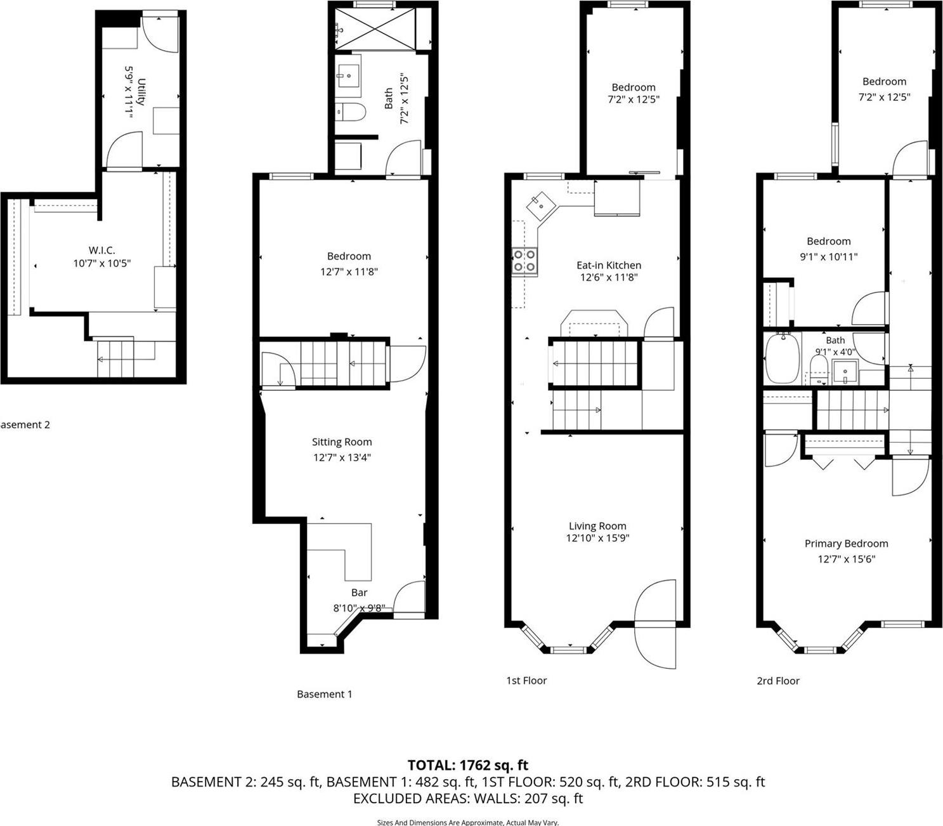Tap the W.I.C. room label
click(101, 250)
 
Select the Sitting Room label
click(342, 442)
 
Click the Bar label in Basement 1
click(359, 593)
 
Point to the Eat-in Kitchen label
click(608, 265)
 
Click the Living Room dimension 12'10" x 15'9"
click(597, 539)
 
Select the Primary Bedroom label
click(846, 544)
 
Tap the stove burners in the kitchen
click(525, 261)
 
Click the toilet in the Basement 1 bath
click(350, 112)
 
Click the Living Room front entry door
click(655, 624)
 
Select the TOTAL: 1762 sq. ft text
click(467, 765)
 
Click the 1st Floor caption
click(526, 681)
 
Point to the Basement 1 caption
click(324, 694)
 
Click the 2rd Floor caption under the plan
click(777, 681)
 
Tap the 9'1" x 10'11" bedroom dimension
click(828, 257)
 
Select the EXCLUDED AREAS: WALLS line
click(467, 799)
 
